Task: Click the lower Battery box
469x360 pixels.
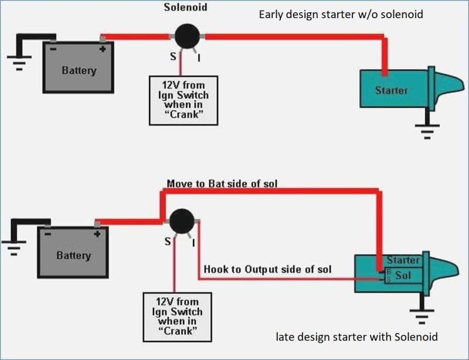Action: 73,253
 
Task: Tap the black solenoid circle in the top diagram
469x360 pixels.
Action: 188,36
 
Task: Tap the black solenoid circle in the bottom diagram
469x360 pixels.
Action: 182,222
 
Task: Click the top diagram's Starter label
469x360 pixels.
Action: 391,90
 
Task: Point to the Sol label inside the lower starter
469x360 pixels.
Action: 404,275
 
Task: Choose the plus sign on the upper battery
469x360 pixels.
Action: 103,49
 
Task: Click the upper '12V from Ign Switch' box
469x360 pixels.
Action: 183,100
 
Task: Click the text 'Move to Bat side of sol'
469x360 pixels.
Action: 222,184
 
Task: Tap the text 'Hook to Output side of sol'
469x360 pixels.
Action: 267,269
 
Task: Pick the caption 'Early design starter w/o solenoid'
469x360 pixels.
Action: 341,14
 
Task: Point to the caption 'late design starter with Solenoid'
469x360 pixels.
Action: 356,337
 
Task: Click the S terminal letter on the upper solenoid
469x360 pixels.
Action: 174,57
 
